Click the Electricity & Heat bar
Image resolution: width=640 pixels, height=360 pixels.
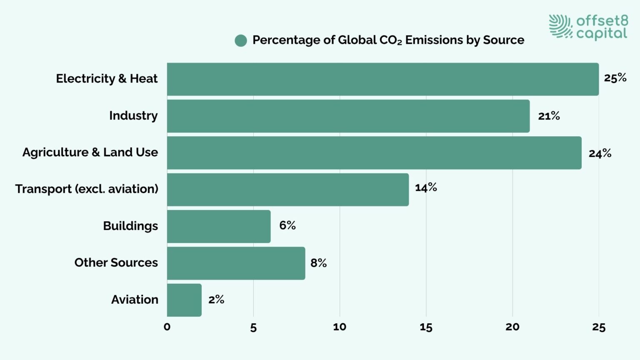point(382,79)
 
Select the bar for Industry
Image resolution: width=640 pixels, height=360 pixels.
point(348,116)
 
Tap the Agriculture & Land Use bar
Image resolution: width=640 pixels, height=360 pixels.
point(374,153)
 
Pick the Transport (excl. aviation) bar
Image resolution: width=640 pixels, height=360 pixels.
point(287,190)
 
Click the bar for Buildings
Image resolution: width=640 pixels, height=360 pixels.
point(219,226)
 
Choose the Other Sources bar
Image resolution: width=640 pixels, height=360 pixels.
point(236,263)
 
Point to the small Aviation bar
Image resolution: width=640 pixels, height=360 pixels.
point(184,300)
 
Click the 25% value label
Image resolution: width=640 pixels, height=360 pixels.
point(615,78)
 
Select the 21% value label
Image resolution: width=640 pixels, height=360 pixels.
point(548,116)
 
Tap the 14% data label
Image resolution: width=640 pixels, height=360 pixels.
point(425,187)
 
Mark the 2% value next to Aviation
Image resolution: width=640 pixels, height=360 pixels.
point(216,300)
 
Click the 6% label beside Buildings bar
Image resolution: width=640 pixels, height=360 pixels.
point(287,225)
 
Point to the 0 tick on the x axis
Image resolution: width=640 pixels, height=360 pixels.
point(167,327)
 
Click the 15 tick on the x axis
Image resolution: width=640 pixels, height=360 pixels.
point(426,327)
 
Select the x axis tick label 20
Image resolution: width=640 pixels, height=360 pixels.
point(512,327)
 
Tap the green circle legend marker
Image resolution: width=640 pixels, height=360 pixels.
point(241,40)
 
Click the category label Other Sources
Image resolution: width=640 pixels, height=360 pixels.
point(116,262)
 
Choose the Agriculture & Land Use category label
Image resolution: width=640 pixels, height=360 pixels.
point(90,152)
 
